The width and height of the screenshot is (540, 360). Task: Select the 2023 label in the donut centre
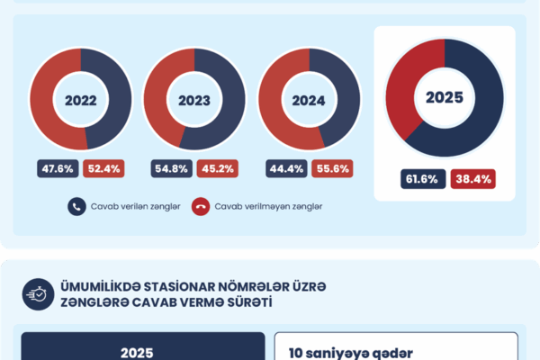point(194,101)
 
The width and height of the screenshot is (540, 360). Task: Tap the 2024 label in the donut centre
point(309,101)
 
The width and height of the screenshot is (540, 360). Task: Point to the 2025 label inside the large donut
point(444,97)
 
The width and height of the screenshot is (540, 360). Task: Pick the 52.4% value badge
point(103,167)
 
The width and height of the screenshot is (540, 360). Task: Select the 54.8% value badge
point(172,167)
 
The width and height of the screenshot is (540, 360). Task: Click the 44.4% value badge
point(286,167)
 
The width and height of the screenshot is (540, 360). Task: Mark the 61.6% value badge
point(421,179)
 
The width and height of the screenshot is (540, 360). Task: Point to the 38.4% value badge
point(472,179)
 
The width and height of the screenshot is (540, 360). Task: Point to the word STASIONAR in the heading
point(166,286)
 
